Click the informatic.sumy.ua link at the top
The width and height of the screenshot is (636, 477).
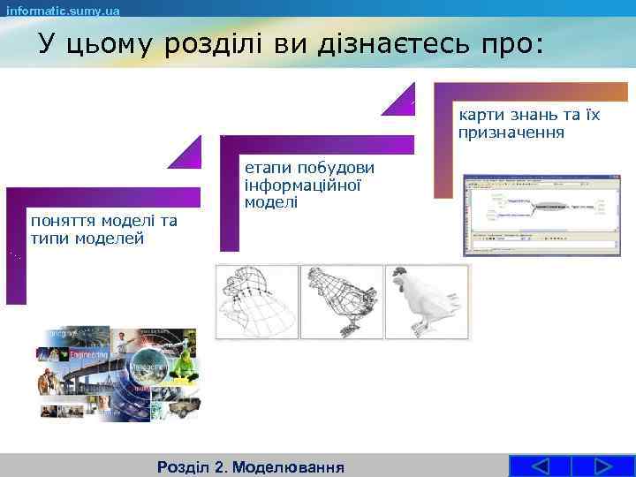(63, 10)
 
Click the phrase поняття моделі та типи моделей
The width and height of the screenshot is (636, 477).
(102, 230)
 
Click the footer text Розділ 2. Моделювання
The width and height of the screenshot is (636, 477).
(249, 466)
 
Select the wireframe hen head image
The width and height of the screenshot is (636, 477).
(257, 302)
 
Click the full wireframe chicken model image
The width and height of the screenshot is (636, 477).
(341, 302)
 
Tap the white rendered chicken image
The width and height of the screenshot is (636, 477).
(427, 302)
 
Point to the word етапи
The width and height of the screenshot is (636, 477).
(263, 168)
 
